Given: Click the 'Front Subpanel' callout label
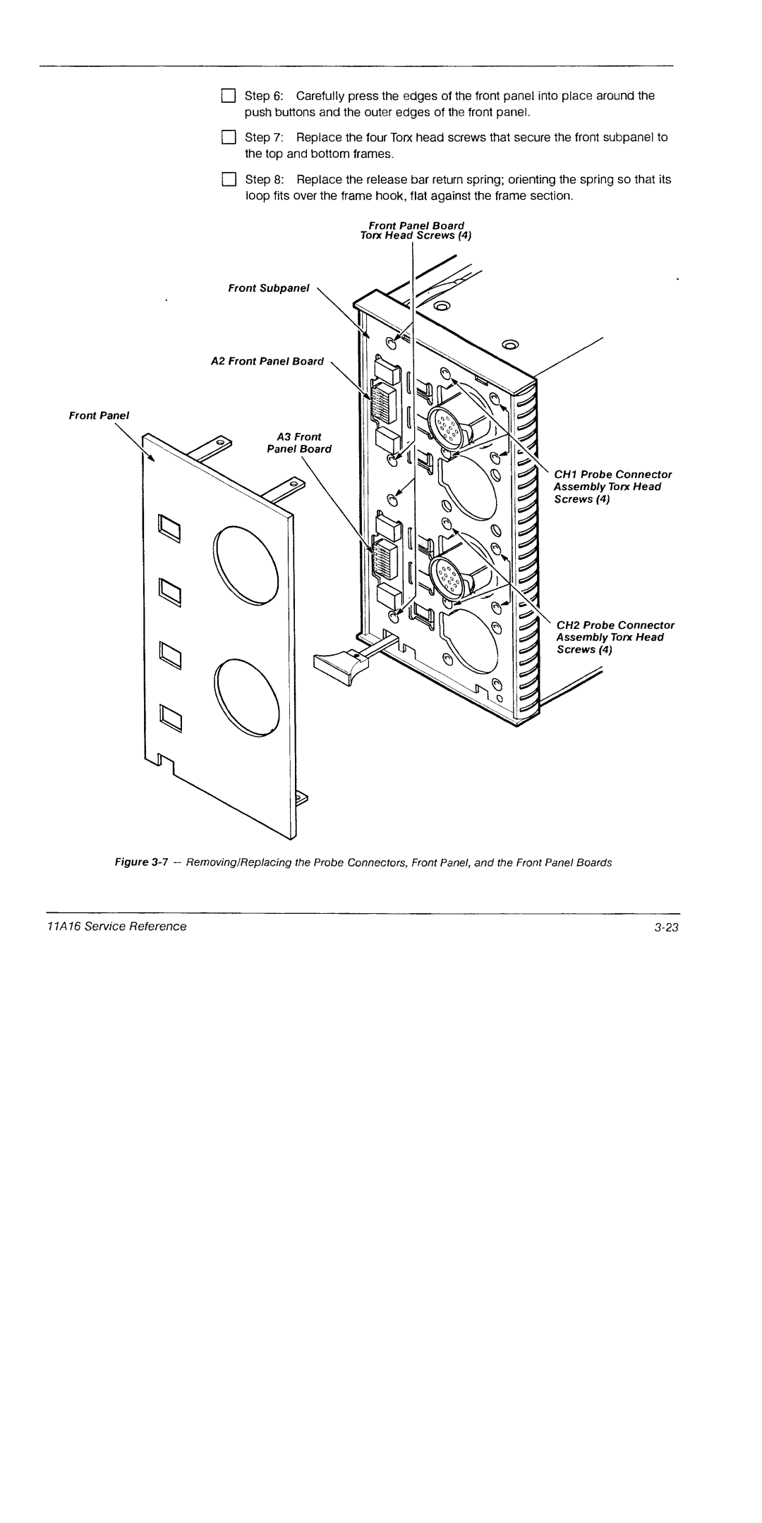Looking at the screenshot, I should [x=268, y=288].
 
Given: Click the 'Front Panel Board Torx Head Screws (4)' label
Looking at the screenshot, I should [x=416, y=230].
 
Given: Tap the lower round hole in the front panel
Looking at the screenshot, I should [x=248, y=697].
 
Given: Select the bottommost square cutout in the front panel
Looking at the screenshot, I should [x=170, y=718].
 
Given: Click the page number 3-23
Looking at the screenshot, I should [x=665, y=926].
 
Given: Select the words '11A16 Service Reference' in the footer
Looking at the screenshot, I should [x=136, y=926].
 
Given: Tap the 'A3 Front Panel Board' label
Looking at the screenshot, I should [x=304, y=443].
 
